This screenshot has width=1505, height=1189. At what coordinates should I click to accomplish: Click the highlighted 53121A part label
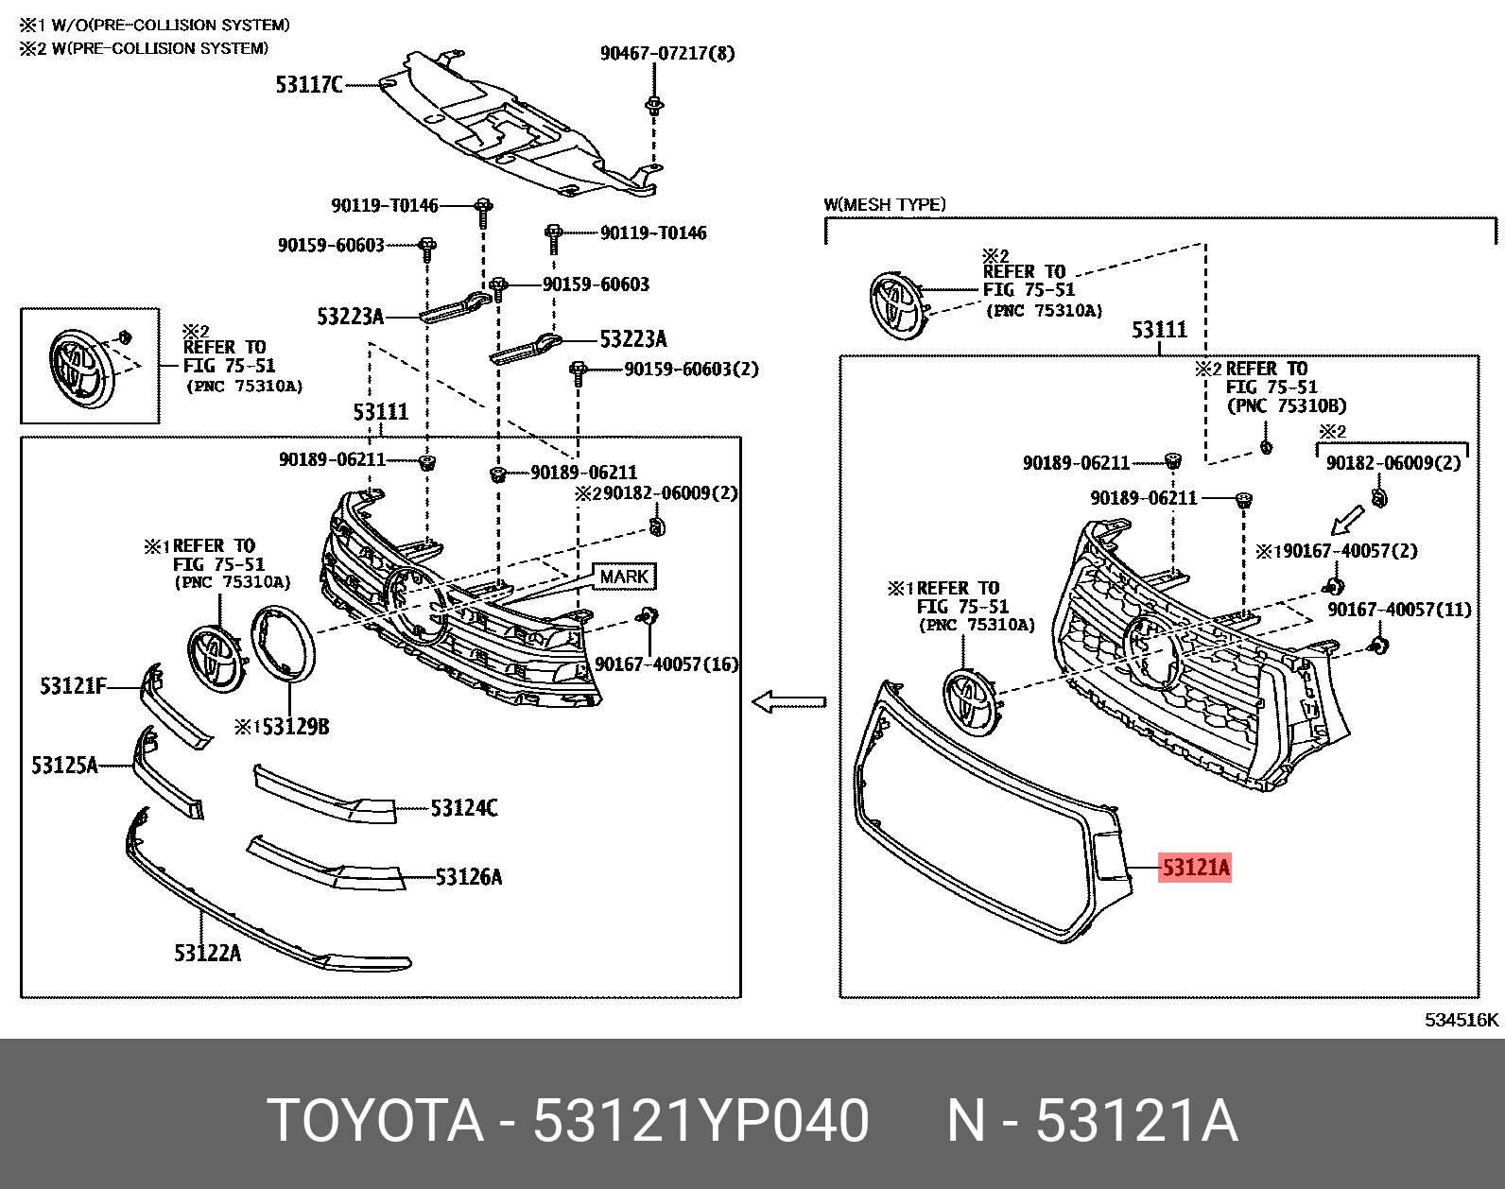pos(1195,868)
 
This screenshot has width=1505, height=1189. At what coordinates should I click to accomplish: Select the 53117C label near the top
pos(309,85)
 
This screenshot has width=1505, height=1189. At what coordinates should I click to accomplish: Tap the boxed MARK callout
pos(624,577)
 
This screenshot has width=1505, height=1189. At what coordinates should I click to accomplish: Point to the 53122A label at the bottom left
pos(207,953)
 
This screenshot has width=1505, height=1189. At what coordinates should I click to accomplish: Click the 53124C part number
pos(463,808)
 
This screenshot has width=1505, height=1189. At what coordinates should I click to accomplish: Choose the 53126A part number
pos(468,877)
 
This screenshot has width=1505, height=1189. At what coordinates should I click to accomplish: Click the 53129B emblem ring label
pos(294,726)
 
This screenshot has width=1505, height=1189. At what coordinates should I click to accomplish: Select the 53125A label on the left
pos(64,765)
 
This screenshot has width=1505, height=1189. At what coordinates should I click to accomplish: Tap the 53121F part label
pos(73,685)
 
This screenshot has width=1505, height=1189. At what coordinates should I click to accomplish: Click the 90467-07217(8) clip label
pos(666,53)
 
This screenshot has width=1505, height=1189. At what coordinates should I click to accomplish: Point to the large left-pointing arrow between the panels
pos(788,702)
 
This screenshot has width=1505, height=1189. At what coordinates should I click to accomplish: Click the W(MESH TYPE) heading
pos(884,204)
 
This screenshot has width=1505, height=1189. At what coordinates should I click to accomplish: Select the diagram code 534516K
pos(1462,1020)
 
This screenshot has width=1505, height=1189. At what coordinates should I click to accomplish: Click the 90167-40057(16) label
pos(666,664)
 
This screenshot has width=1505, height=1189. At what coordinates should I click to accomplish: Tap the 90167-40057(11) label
pos(1399,610)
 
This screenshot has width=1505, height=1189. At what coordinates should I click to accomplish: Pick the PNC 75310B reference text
pos(1286,405)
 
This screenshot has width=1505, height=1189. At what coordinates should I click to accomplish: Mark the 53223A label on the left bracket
pos(350,317)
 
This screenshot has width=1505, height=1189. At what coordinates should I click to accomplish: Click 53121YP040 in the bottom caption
pos(701,1122)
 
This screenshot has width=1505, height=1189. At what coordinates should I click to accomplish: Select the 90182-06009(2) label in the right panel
pos(1393,462)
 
